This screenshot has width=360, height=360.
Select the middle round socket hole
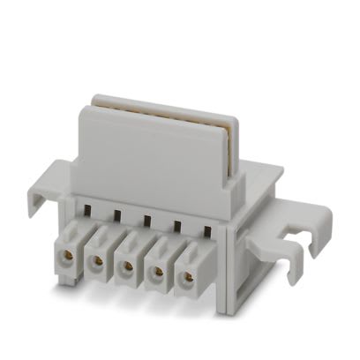pos(126,266)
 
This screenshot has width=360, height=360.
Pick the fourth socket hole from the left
pos(157,272)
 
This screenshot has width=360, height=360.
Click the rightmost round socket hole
pos(187,277)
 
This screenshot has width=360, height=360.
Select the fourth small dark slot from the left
pos(176,227)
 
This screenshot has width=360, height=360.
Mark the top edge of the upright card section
pos(159,103)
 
